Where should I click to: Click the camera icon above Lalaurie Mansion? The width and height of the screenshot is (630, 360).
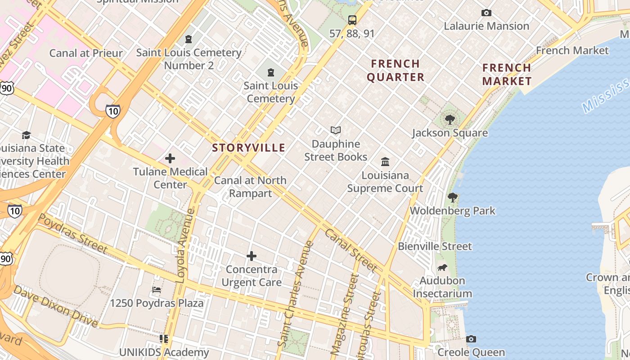[x=486, y=13]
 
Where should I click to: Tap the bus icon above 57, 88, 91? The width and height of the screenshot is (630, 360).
[x=352, y=20]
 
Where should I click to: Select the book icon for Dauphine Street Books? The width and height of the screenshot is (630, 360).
[x=336, y=130]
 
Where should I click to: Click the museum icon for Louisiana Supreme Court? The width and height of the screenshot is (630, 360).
[x=385, y=162]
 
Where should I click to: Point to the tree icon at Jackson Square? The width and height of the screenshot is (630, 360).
[x=450, y=120]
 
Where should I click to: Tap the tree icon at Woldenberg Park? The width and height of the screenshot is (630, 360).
[x=453, y=198]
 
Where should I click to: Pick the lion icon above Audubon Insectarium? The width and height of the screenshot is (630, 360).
[x=442, y=268]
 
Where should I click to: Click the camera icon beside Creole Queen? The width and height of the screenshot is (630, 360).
[x=471, y=339]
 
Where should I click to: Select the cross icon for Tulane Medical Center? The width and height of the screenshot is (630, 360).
[x=170, y=158]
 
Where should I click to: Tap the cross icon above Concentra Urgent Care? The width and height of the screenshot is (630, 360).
[x=252, y=256]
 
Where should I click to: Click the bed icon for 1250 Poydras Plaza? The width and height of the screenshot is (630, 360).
[x=157, y=290]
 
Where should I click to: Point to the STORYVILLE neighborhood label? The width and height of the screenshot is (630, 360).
[x=248, y=148]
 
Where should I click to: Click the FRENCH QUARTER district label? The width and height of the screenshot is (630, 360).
[x=396, y=70]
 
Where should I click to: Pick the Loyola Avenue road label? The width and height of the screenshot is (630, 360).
[x=185, y=245]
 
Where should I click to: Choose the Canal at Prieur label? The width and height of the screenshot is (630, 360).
[x=86, y=53]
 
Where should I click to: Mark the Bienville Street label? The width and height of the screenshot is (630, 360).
[x=435, y=246]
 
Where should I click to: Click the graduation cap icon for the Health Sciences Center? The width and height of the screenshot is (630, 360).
[x=26, y=135]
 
